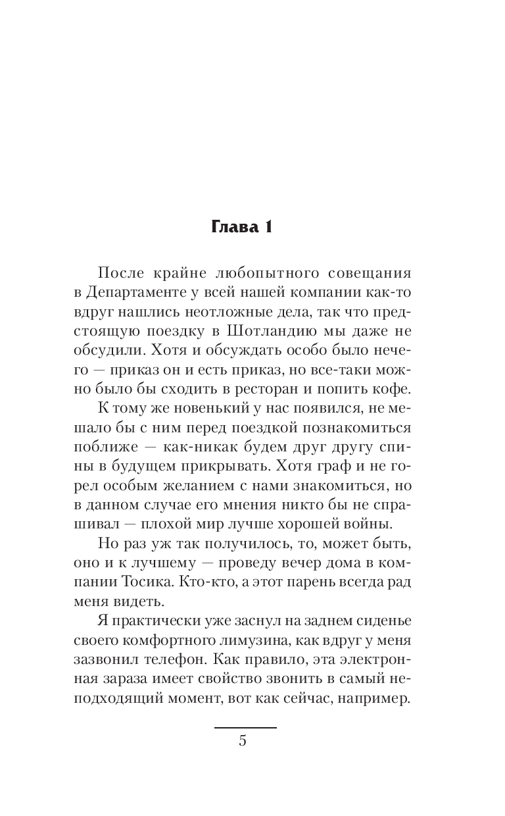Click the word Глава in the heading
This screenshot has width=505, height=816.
tap(233, 227)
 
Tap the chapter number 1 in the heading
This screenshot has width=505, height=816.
tap(267, 227)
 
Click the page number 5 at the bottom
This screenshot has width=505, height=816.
tap(243, 741)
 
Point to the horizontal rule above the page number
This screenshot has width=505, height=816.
tap(245, 727)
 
